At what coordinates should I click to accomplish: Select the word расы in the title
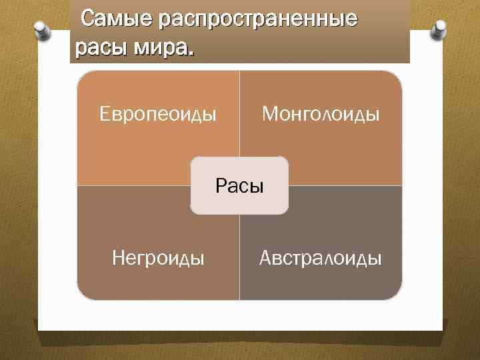click(x=96, y=48)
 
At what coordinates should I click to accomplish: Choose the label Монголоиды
click(x=321, y=115)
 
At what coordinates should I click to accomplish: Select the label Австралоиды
click(x=321, y=257)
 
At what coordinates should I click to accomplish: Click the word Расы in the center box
click(x=240, y=185)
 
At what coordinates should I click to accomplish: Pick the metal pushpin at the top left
click(x=40, y=30)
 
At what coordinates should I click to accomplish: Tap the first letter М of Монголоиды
click(x=268, y=115)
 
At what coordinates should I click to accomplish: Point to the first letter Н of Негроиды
click(x=118, y=257)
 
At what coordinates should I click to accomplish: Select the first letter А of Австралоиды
click(x=265, y=257)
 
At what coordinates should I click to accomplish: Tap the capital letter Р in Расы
click(x=221, y=185)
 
